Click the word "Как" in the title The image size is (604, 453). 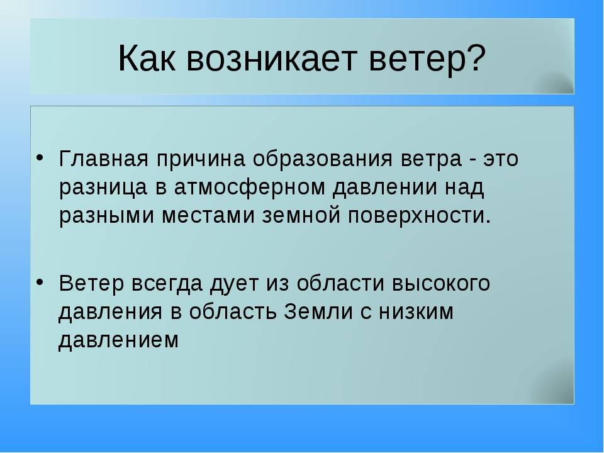coord(147,58)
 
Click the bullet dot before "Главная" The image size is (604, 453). coord(39,158)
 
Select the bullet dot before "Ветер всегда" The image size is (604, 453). coord(39,282)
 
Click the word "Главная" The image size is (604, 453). coord(104,159)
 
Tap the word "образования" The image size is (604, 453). coord(322,159)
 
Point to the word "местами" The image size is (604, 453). coord(208,216)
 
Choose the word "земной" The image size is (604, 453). coord(301,215)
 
